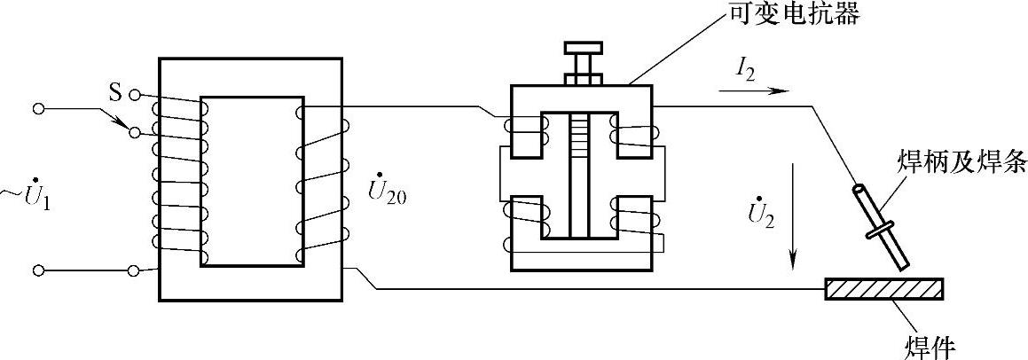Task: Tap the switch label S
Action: (x=115, y=93)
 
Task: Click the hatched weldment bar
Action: (x=884, y=289)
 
